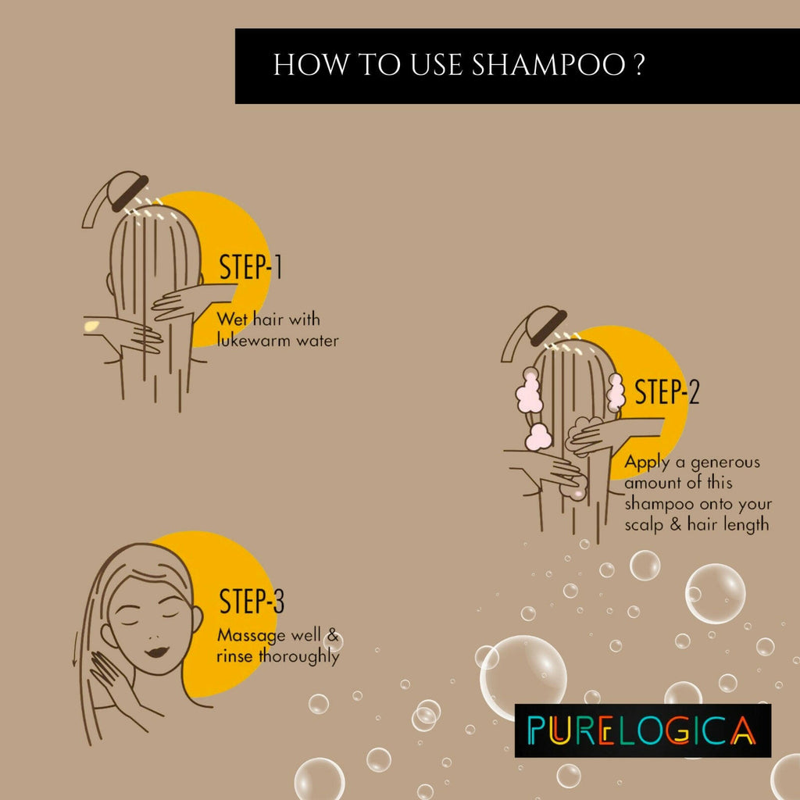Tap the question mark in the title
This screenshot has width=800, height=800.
[638, 66]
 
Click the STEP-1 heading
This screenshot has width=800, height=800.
[251, 267]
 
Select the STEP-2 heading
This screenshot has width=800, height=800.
[666, 392]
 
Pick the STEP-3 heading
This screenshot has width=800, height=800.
[252, 602]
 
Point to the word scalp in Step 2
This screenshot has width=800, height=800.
[645, 524]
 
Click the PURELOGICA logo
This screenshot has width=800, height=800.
[642, 730]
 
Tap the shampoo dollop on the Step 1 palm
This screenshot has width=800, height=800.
[91, 324]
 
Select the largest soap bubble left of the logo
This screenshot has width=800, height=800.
[523, 677]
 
